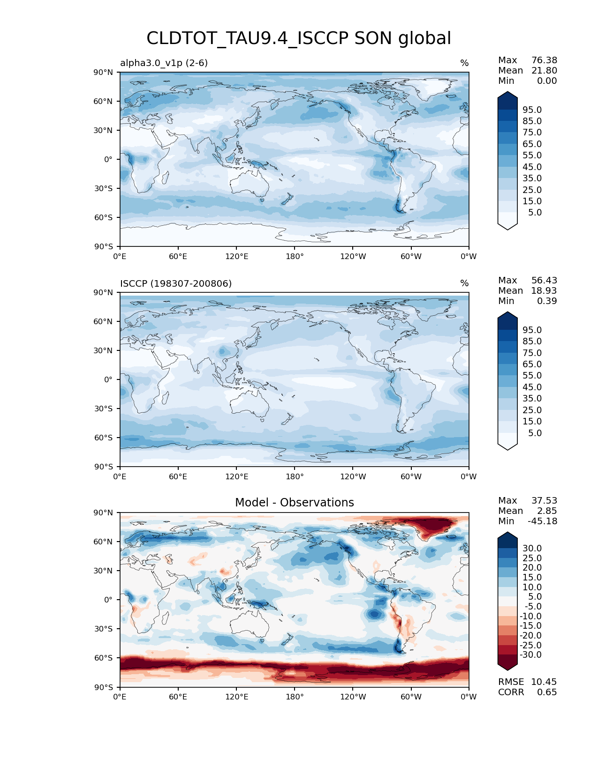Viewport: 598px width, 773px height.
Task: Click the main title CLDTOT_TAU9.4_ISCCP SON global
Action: pos(299,38)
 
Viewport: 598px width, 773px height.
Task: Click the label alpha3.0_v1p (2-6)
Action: pos(164,63)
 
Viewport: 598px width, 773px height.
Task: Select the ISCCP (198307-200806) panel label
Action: pos(176,283)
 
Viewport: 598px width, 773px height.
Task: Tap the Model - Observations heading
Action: pos(294,503)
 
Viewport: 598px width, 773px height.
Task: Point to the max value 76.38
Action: pos(544,60)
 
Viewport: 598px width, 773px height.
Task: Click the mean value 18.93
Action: pos(544,291)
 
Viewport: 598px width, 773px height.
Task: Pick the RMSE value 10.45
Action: pos(544,682)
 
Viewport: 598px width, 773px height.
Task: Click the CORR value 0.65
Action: pos(547,692)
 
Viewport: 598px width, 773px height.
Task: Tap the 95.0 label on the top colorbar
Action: pos(532,110)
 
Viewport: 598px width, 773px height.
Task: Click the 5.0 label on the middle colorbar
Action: pos(535,433)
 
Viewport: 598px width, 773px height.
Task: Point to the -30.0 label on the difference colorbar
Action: pos(531,655)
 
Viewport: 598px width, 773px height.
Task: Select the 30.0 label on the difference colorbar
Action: pos(532,549)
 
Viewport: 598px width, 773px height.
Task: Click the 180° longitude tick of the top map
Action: pos(295,256)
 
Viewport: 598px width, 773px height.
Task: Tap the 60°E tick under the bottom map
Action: pos(178,697)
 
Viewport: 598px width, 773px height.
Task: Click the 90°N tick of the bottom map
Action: pos(104,513)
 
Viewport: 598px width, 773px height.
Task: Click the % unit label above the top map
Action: pos(464,63)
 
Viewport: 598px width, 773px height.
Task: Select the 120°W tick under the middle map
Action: pos(353,477)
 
